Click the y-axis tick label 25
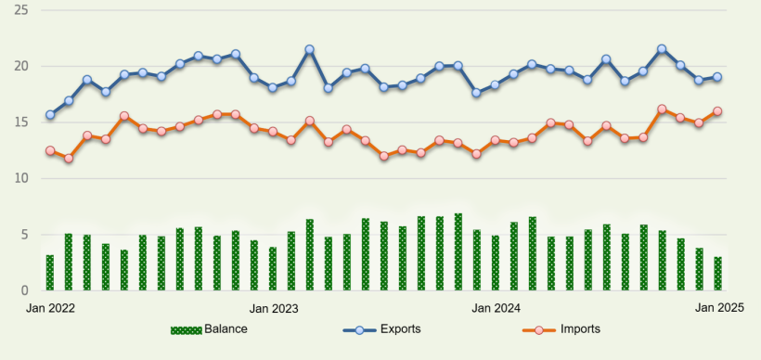click(x=21, y=10)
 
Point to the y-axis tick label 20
click(x=21, y=67)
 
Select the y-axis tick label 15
click(x=21, y=122)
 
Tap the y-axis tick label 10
click(x=21, y=178)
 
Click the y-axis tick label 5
click(x=24, y=235)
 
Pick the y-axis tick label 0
click(x=24, y=290)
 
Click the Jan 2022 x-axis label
click(x=50, y=307)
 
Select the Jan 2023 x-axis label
click(x=273, y=307)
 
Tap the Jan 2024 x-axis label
click(x=495, y=307)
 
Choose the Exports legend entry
click(x=382, y=329)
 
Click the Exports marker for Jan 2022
click(x=50, y=115)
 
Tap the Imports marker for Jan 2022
click(x=50, y=150)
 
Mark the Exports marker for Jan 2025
click(x=717, y=77)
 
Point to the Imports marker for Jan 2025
click(x=717, y=111)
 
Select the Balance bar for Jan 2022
click(x=50, y=273)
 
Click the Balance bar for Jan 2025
click(x=717, y=274)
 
